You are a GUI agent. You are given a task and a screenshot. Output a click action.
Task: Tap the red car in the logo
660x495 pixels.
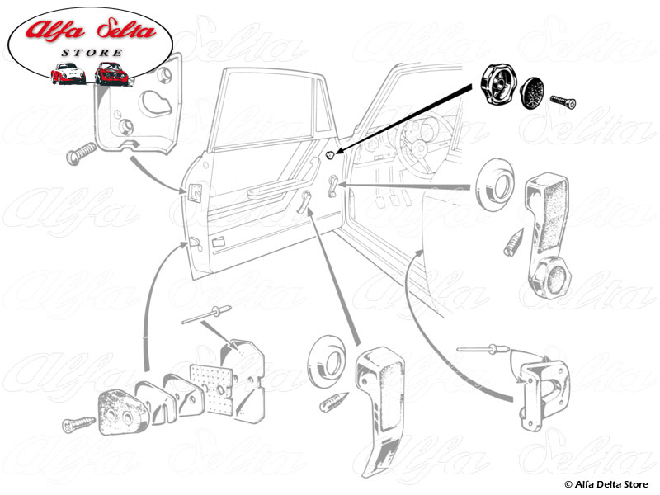click(x=110, y=73)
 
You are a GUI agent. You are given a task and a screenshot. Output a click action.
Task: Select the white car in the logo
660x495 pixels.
click(x=68, y=74)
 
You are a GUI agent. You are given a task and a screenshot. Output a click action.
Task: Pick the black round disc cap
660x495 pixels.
click(x=537, y=92)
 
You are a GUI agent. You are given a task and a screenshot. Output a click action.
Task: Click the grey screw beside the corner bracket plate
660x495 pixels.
click(x=78, y=154)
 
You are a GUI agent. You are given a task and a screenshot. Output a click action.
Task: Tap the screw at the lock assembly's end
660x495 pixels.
click(x=78, y=426)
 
